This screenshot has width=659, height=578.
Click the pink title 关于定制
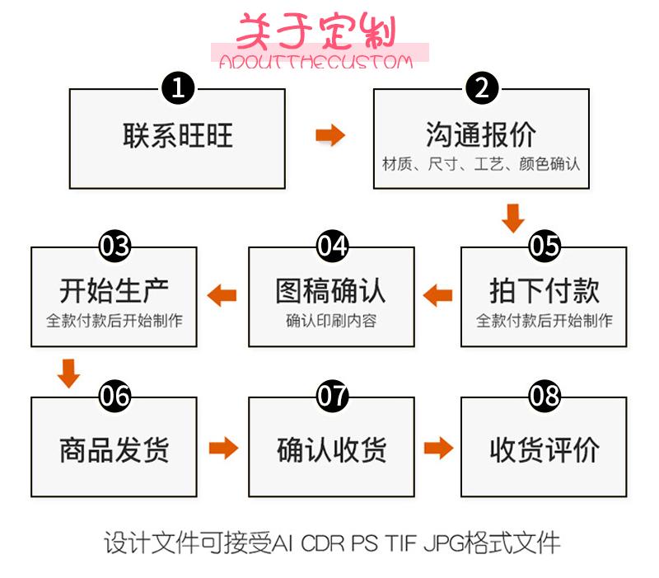click(316, 31)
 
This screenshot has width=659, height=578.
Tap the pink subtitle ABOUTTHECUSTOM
click(316, 62)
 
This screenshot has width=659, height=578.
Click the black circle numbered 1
click(178, 88)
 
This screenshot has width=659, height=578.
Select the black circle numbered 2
click(482, 88)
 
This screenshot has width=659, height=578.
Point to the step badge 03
click(115, 246)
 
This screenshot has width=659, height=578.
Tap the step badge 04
click(332, 246)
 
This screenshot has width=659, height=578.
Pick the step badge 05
click(544, 246)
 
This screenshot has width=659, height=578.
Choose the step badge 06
click(115, 396)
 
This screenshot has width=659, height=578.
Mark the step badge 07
click(332, 396)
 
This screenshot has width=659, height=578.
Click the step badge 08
click(544, 396)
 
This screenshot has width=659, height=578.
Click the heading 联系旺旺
click(178, 135)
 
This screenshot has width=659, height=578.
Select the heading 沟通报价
click(481, 134)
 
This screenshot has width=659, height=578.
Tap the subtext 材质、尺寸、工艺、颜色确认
click(481, 163)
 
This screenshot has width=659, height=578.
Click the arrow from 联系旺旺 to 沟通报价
click(330, 135)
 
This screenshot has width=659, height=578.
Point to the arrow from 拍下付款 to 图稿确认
click(438, 295)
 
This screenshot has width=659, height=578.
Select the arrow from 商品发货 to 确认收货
click(223, 448)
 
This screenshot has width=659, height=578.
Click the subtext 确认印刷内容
click(331, 321)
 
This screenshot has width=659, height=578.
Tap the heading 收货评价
click(544, 450)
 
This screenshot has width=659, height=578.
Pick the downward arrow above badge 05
click(513, 219)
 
